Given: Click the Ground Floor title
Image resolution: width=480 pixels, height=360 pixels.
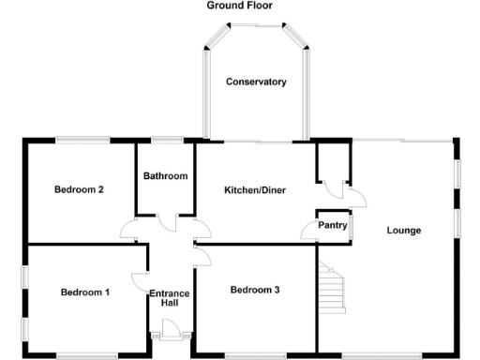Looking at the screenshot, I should click(239, 6).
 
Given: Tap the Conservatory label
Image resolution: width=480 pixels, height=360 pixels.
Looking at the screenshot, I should click(256, 82).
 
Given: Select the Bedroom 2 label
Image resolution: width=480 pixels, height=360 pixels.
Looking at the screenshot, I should click(78, 189).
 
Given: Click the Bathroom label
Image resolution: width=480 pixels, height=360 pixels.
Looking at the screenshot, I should click(165, 176).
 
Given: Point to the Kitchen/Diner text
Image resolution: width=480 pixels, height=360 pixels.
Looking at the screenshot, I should click(254, 191).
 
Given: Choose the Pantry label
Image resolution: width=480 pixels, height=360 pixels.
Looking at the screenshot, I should click(333, 226).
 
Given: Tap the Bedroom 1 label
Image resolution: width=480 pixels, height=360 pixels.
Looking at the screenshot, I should click(85, 292).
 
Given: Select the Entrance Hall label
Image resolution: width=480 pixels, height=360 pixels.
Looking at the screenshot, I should click(170, 298).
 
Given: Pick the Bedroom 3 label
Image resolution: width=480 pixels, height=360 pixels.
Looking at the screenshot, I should click(255, 290).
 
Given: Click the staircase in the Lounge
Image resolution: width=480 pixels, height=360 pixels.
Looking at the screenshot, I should click(332, 289).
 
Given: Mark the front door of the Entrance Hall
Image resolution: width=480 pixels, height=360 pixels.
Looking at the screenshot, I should click(171, 330).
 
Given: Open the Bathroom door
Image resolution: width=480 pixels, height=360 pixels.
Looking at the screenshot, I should click(166, 222).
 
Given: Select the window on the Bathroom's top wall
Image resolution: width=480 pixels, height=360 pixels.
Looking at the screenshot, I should click(166, 141).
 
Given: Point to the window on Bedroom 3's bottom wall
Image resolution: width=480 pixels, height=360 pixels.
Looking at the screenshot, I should click(253, 354).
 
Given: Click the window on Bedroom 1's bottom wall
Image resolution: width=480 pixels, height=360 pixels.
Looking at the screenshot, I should click(86, 354).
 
